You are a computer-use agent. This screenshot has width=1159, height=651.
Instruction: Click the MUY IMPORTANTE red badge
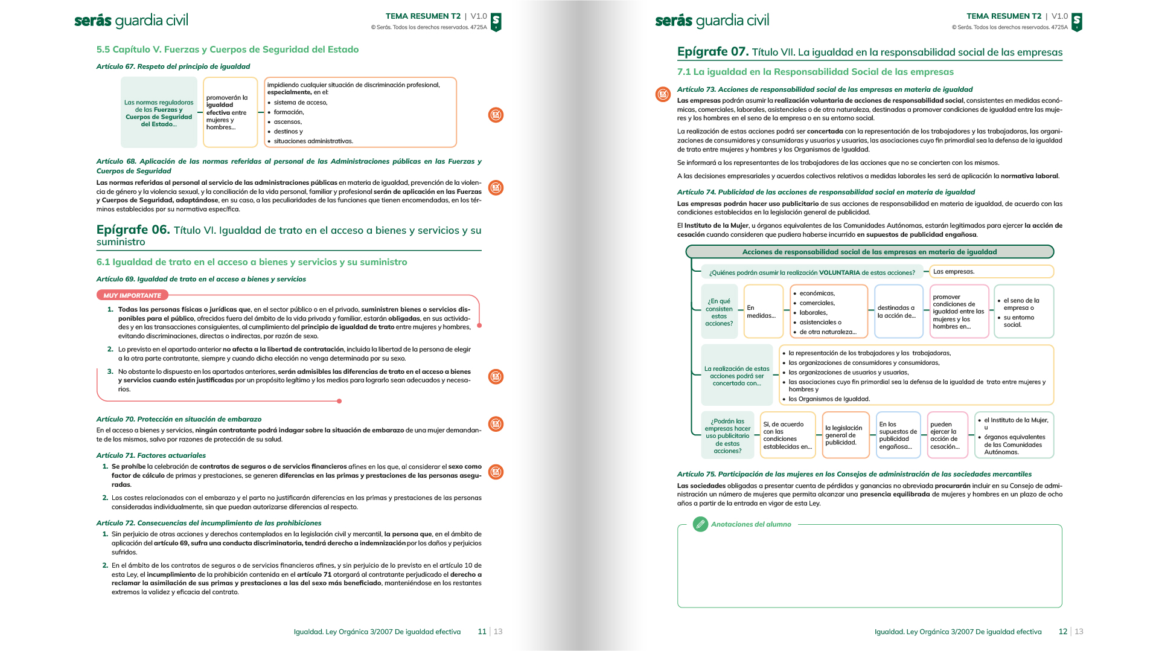[x=132, y=295]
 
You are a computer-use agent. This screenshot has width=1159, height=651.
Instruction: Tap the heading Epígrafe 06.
[x=133, y=230]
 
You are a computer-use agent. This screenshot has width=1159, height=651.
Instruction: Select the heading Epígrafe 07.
[x=713, y=52]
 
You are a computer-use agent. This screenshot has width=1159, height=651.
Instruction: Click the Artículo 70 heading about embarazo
[x=179, y=419]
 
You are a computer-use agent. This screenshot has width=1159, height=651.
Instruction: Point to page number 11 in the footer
[x=482, y=632]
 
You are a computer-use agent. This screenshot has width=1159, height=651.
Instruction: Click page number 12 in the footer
[x=1063, y=632]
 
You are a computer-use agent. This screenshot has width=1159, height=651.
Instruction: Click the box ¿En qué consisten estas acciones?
[x=719, y=312]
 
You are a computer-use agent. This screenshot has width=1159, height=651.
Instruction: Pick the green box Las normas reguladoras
[x=159, y=113]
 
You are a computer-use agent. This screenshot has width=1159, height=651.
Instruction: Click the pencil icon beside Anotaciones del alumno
[x=700, y=524]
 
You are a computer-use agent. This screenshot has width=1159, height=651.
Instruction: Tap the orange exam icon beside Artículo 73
[x=663, y=94]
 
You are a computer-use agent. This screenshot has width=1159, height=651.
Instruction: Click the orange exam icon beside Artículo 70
[x=496, y=424]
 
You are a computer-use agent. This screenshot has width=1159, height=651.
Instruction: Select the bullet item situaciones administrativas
[x=313, y=141]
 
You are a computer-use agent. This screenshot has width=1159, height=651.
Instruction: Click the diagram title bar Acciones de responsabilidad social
[x=869, y=252]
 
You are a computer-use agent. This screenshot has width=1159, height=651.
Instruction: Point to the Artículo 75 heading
[x=854, y=474]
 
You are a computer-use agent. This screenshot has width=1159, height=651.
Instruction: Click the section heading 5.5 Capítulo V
[x=228, y=50]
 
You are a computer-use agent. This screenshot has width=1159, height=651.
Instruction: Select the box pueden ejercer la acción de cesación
[x=947, y=435]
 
